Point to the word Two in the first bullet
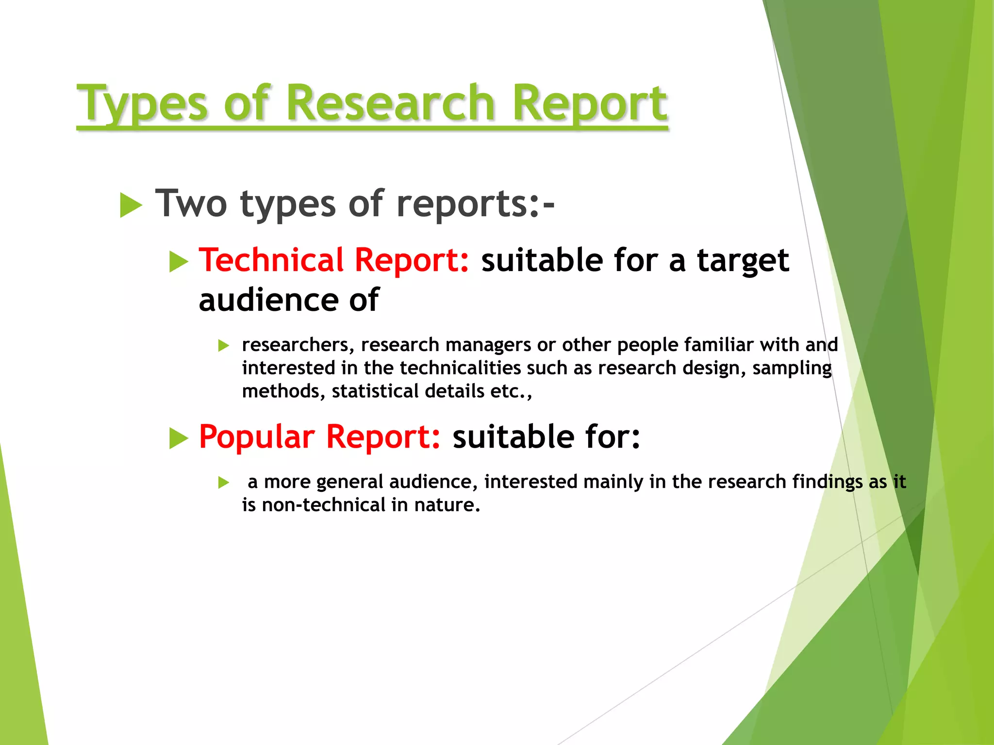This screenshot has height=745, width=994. coord(191,204)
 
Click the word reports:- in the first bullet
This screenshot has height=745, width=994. coord(475,204)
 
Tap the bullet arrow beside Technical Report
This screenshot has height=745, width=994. coord(179,262)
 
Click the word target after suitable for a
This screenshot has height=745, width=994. coord(743,261)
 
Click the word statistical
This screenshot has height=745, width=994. coord(375,391)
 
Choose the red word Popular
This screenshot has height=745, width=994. coord(256,437)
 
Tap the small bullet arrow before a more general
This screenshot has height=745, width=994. coord(223,483)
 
